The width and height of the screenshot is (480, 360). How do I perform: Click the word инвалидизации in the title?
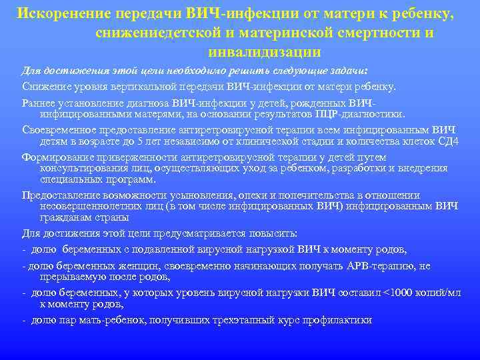(265, 51)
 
